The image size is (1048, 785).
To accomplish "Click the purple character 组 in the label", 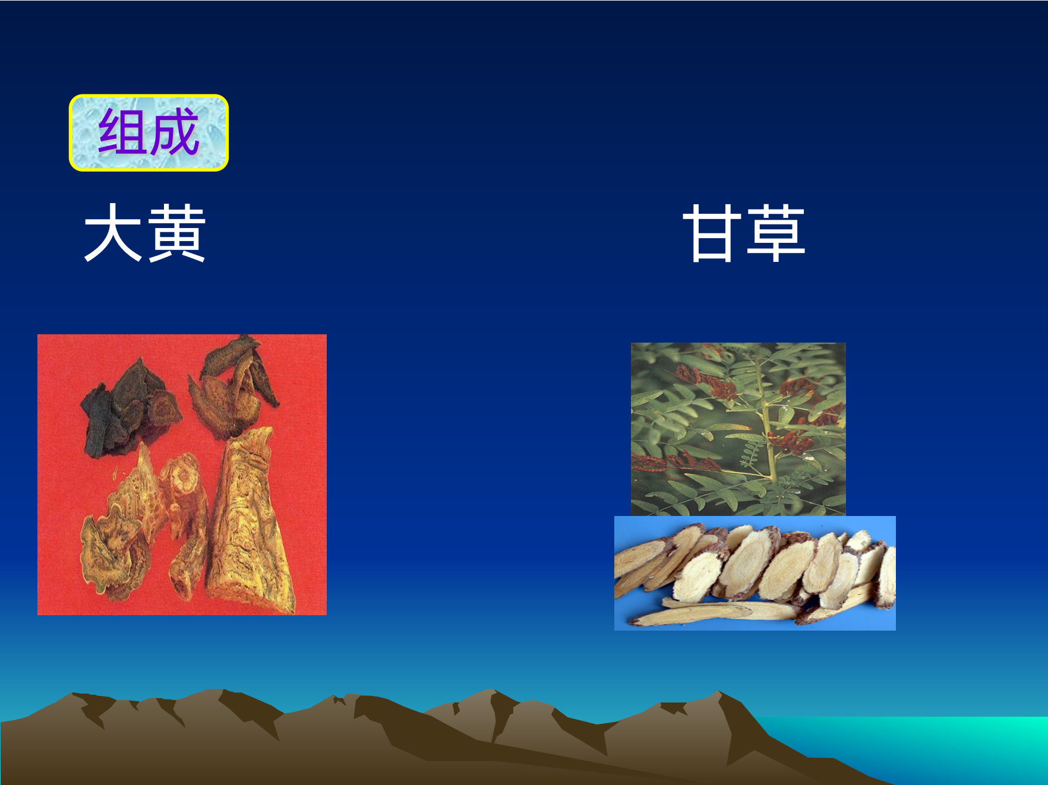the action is [x=122, y=132].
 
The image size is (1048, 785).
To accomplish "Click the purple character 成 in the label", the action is [x=173, y=132].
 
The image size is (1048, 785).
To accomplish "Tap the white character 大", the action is [x=113, y=232].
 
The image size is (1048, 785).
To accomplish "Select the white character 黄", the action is [x=176, y=232].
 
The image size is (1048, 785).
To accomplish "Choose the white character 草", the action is [x=776, y=232].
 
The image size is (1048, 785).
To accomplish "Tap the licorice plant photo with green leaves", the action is [x=738, y=429].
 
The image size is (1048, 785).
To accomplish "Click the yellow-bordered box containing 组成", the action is [x=149, y=133].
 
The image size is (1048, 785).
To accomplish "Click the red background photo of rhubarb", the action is [x=182, y=474].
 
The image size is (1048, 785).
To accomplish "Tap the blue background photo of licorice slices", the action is [x=755, y=573].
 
